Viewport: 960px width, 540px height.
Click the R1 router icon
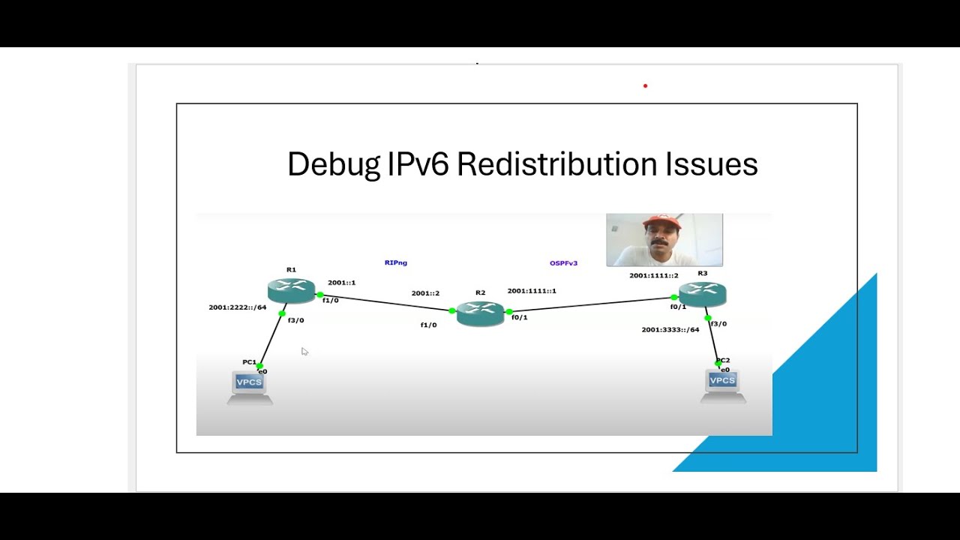point(291,290)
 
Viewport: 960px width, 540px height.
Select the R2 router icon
point(480,313)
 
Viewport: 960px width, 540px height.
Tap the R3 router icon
point(702,293)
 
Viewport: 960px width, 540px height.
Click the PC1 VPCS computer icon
point(249,386)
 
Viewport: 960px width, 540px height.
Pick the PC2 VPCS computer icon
point(722,385)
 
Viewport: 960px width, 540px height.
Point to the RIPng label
point(395,262)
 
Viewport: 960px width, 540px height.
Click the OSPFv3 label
point(563,263)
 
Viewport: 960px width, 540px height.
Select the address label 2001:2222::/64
point(237,307)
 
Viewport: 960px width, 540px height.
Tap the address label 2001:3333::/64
point(670,330)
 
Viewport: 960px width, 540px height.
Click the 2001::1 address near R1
point(341,283)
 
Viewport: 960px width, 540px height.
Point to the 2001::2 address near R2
point(425,293)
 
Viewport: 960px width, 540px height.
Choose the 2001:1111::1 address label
point(532,291)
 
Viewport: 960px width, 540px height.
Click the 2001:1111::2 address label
point(653,276)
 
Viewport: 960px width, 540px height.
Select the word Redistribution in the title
point(557,164)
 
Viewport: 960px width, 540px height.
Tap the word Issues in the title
point(712,164)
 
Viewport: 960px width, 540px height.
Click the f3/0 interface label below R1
point(295,321)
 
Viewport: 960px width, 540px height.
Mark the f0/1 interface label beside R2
point(519,318)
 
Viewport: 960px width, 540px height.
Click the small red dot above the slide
point(645,86)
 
